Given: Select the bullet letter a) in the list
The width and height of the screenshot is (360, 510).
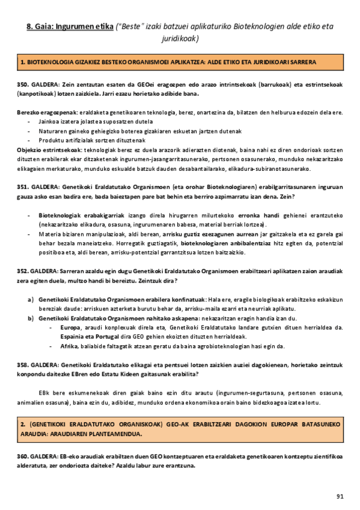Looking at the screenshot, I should (x=30, y=299).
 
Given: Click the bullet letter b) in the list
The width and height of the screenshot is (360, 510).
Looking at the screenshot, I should (x=30, y=318).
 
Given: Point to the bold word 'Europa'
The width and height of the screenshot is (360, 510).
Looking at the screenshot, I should (x=70, y=327).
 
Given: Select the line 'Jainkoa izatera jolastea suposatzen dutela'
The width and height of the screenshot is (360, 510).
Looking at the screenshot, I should (x=93, y=121).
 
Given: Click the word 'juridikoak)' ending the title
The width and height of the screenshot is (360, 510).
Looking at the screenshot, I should (x=180, y=38).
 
